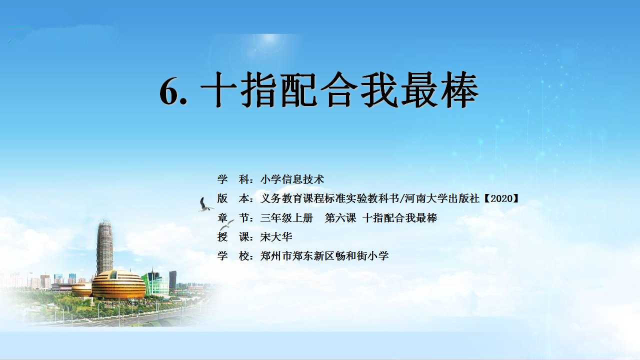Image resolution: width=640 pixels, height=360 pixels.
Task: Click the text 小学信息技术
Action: point(292,179)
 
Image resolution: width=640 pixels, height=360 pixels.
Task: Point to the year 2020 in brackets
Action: point(501,198)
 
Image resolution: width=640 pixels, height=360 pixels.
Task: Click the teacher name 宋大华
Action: point(276,237)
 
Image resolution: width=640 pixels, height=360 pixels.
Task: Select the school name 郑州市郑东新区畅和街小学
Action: point(324,255)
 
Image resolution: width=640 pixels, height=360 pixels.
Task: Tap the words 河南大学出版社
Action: point(442,198)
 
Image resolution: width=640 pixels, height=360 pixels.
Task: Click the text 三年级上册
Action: point(287,217)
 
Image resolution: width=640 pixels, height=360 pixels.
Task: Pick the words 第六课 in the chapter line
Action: point(340,217)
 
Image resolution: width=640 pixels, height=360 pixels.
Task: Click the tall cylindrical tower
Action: point(104,247)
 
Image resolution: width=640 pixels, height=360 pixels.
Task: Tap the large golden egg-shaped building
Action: point(118,284)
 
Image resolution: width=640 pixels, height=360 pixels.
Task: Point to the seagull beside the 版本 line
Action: point(204,204)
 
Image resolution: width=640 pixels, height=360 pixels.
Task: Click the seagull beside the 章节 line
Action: point(226,225)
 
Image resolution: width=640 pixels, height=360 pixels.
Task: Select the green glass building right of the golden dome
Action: point(155,283)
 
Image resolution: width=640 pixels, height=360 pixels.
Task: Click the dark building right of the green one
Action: point(173,281)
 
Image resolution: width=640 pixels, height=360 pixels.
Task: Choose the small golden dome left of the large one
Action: point(81,289)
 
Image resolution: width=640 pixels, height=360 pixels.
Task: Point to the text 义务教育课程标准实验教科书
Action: point(329,198)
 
